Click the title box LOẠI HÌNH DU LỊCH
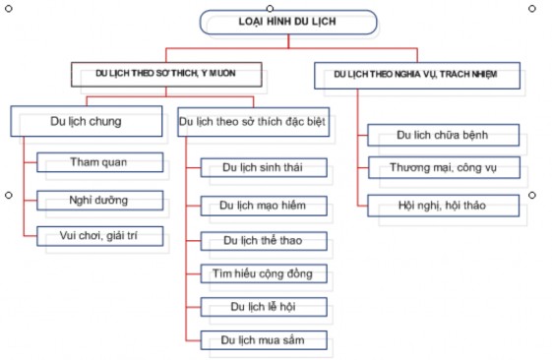tap(288, 22)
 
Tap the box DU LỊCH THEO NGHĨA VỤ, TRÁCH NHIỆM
tap(417, 75)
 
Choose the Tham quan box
tap(100, 161)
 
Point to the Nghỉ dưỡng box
tap(100, 199)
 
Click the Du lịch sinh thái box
tap(263, 166)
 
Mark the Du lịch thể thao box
tap(263, 239)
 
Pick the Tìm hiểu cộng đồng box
tap(263, 271)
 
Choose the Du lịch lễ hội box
tap(263, 306)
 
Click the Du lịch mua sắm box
tap(263, 339)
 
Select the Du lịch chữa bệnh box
tap(443, 134)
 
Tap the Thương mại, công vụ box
tap(443, 168)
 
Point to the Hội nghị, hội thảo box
tap(443, 205)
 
